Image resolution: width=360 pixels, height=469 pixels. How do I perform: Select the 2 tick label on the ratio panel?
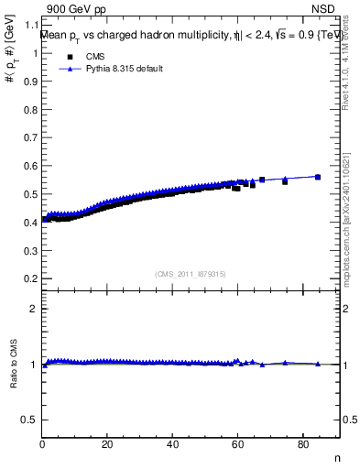(x=34, y=309)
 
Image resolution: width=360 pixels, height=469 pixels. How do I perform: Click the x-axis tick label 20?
(x=107, y=445)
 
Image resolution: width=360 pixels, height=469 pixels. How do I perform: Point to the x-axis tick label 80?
(x=302, y=445)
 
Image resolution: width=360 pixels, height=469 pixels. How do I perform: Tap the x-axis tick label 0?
(x=42, y=445)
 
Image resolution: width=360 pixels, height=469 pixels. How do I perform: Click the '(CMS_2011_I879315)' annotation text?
(x=191, y=273)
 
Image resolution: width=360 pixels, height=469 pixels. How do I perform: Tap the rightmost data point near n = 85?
(x=318, y=177)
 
